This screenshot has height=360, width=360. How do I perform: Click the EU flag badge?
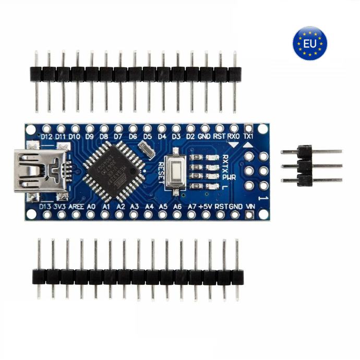pos(310,43)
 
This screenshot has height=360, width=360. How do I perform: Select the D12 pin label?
pos(47,136)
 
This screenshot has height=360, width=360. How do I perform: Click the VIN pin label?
pos(250,207)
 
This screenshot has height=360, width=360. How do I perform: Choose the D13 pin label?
pos(45,207)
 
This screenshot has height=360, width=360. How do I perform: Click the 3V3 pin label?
pos(60,207)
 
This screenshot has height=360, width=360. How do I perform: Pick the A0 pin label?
pos(91,207)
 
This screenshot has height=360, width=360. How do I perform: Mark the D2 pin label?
pos(190,136)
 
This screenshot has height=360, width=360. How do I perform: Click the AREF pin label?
pos(76,207)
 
